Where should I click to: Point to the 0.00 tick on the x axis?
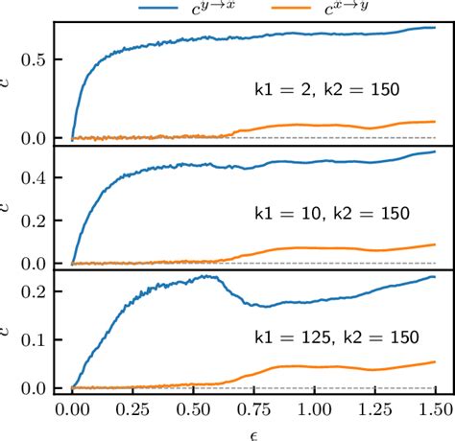point(72,409)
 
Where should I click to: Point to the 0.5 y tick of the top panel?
point(36,59)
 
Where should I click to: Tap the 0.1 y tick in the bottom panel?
point(36,339)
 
